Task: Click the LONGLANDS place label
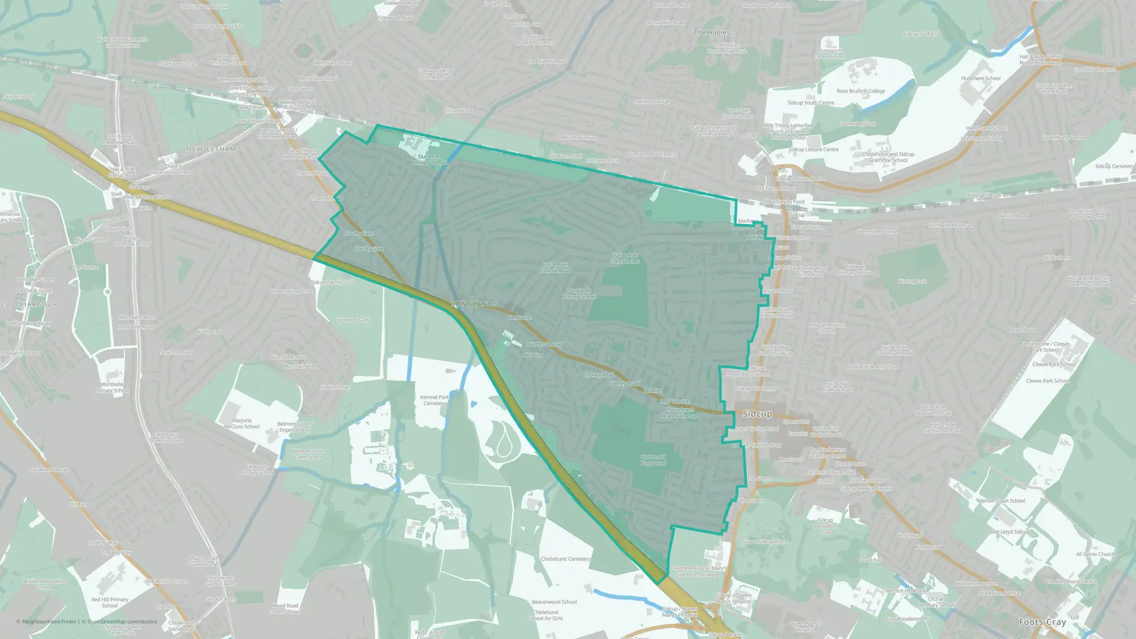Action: (474, 304)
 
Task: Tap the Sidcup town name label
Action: (757, 414)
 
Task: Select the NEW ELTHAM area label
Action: (211, 149)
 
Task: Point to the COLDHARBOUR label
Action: (29, 304)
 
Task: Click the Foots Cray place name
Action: (1042, 622)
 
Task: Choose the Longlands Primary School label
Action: (579, 294)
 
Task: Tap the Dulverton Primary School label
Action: (429, 160)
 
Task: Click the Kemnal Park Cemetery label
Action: (435, 400)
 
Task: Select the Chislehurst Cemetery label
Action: (565, 559)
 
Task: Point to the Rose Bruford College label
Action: (861, 91)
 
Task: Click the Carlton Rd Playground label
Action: (653, 460)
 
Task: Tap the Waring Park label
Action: (912, 281)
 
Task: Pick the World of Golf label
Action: (353, 320)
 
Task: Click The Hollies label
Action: (712, 32)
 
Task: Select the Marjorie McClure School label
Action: (241, 424)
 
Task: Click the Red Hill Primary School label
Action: (110, 603)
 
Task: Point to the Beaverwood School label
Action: (554, 602)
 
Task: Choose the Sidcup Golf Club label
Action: (922, 34)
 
